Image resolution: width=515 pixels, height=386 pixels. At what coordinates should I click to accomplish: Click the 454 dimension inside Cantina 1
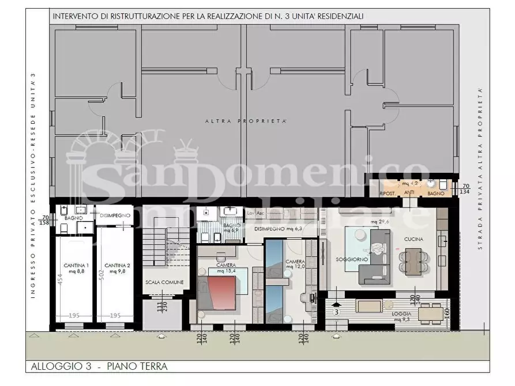click(x=60, y=281)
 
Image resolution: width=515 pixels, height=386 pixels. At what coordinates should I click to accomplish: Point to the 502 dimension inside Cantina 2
click(x=101, y=281)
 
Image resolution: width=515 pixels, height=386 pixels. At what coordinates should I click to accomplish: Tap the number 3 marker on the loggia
click(x=337, y=312)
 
